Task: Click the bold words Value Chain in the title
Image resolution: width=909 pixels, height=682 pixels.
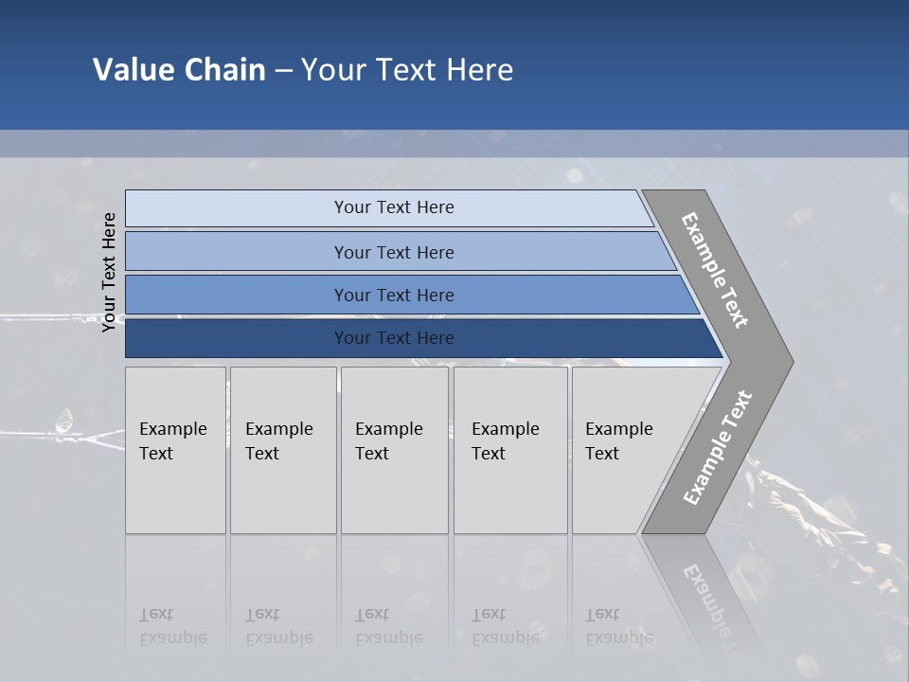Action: (x=179, y=70)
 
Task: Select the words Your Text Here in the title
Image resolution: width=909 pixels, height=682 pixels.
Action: (x=407, y=70)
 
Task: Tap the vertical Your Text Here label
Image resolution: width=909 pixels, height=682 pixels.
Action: (x=109, y=272)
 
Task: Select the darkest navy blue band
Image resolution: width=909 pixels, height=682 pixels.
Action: (x=237, y=338)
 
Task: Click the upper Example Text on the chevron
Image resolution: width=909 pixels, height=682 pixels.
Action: (x=715, y=270)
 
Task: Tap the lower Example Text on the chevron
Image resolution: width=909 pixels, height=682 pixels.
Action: (x=717, y=448)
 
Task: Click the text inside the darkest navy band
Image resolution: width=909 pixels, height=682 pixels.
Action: (x=394, y=338)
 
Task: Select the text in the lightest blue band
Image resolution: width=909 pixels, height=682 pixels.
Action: (x=394, y=207)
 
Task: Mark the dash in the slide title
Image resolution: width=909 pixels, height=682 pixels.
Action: (x=283, y=71)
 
